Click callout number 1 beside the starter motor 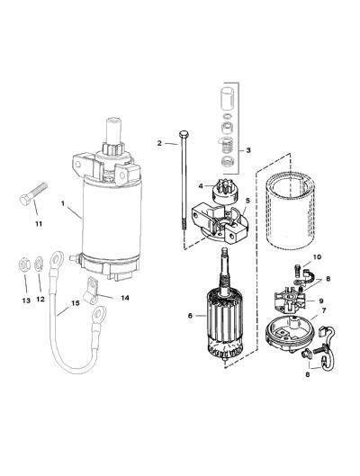(x=63, y=203)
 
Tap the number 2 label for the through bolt (x=159, y=143)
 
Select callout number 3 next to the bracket (x=248, y=150)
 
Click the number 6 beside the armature (x=190, y=316)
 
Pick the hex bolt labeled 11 (x=33, y=193)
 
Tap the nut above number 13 (x=24, y=265)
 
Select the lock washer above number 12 (x=39, y=265)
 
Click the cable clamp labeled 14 (x=91, y=291)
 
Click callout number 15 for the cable (x=76, y=303)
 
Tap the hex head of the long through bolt (x=184, y=134)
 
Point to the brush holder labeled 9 (x=289, y=301)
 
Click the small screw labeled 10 (x=297, y=270)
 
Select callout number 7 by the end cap (x=324, y=310)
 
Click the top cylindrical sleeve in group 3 (x=228, y=98)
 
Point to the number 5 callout (x=247, y=201)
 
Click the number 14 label (x=125, y=298)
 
